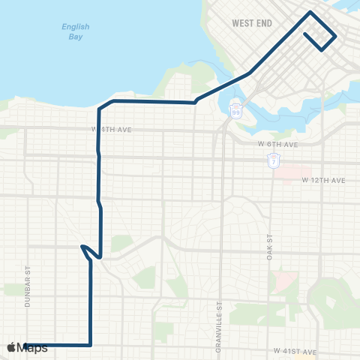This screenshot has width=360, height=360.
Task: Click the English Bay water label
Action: (75, 31)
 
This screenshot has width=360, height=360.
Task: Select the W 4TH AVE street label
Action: (112, 130)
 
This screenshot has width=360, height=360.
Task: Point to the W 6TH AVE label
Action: (278, 144)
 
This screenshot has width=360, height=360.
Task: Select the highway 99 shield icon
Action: (235, 110)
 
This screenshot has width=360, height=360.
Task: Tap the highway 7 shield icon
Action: (274, 160)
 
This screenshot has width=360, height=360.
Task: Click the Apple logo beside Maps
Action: (12, 348)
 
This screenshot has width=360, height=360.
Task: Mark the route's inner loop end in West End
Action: (305, 34)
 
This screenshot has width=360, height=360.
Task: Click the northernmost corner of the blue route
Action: (310, 12)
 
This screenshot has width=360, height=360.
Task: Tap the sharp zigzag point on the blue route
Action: (81, 245)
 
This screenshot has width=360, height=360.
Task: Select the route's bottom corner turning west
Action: (90, 345)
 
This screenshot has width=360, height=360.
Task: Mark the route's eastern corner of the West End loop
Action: (335, 37)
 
